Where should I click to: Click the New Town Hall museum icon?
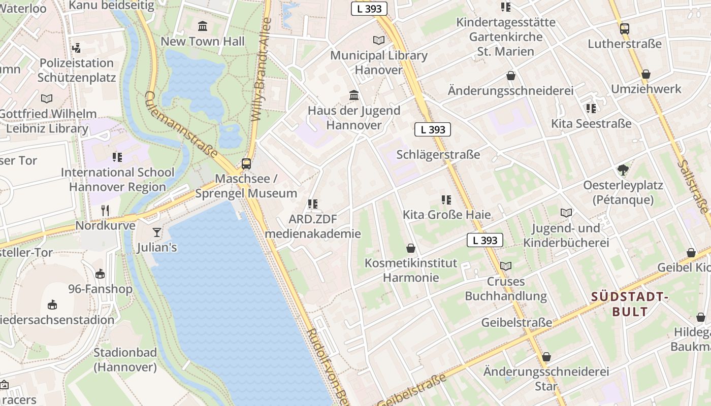point(203,26)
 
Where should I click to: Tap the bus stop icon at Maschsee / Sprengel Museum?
point(246,163)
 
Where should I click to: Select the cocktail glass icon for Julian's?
point(157,232)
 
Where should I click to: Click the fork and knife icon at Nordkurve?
point(105,210)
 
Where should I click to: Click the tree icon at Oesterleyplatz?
point(623,170)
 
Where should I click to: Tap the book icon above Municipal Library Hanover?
point(379,40)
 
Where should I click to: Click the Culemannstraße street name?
point(181,125)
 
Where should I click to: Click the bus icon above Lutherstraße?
point(625,29)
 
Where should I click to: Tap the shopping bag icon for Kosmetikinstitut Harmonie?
point(410,248)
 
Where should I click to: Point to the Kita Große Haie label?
point(447,215)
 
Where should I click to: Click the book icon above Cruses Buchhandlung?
point(506,266)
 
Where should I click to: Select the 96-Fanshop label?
point(101,289)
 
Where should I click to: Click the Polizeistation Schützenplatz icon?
point(77,48)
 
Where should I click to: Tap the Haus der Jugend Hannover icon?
point(354,95)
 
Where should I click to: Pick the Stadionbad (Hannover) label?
point(125,360)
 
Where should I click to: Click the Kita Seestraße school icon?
point(591,109)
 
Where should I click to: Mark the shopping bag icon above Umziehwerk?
point(646,75)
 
